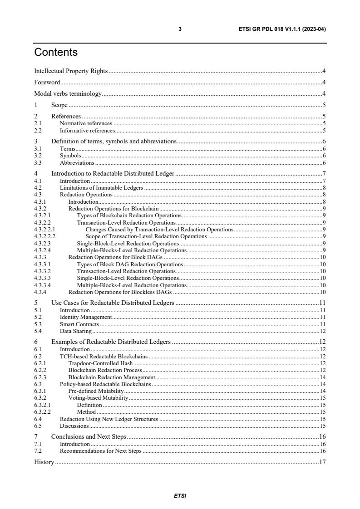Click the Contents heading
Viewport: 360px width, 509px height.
(x=56, y=53)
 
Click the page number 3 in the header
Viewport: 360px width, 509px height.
(x=180, y=29)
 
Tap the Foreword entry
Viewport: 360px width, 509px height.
(x=47, y=82)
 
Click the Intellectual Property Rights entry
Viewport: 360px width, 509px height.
(x=71, y=71)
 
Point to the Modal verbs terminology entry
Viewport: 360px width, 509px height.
(x=68, y=94)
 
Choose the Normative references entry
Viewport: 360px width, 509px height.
(x=86, y=123)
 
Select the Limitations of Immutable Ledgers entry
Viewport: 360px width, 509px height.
(x=102, y=187)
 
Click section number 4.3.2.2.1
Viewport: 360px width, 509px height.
(x=45, y=230)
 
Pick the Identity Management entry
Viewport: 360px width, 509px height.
(x=86, y=317)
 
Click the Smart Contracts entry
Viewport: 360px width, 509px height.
(x=79, y=324)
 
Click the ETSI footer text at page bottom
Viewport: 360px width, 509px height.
(x=180, y=496)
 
